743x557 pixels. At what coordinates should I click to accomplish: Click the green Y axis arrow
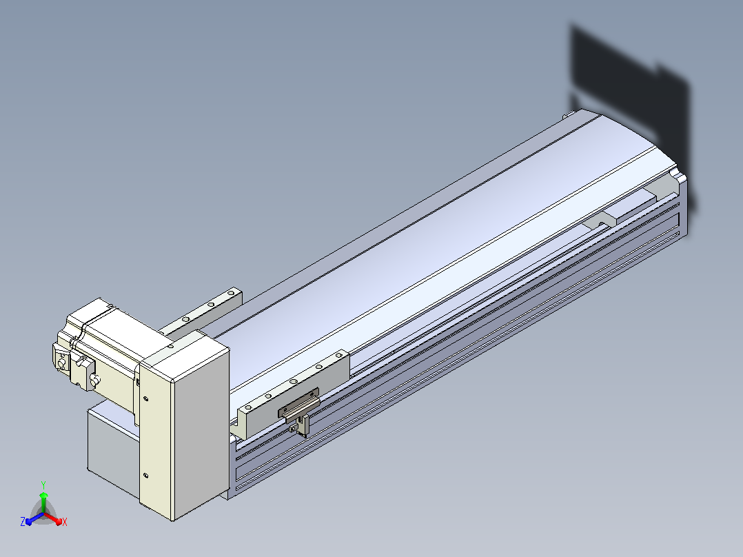tap(43, 502)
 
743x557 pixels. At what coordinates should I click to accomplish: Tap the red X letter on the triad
tap(65, 522)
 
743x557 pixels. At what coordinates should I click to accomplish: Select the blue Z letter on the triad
tap(23, 521)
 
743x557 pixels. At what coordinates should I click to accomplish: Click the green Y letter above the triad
tap(43, 485)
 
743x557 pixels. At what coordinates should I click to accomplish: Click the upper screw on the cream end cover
tap(145, 398)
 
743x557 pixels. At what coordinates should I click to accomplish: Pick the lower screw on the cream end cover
tap(145, 476)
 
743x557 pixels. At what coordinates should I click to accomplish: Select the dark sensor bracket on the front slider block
tap(298, 403)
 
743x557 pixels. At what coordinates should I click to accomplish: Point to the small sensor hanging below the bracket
tap(301, 426)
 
